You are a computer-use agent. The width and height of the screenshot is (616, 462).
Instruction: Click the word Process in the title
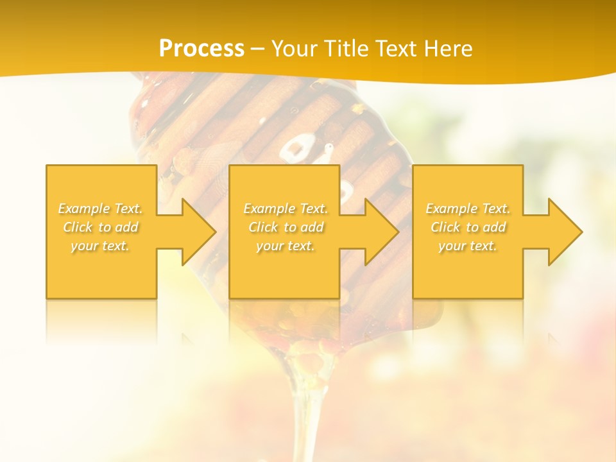[x=201, y=49]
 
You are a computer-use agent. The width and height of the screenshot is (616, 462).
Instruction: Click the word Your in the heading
[x=295, y=49]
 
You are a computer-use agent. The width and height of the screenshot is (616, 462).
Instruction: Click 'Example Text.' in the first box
[x=100, y=209]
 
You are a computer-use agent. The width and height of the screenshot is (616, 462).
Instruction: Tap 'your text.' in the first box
[x=100, y=246]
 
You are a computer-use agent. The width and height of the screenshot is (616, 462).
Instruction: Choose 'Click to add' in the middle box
[x=286, y=227]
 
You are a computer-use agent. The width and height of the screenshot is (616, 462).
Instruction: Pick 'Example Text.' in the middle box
[x=286, y=209]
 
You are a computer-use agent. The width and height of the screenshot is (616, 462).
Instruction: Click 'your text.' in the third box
[x=468, y=246]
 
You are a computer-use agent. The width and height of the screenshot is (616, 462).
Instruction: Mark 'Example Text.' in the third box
[x=468, y=209]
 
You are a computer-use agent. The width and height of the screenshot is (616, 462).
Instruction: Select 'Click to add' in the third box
[x=468, y=227]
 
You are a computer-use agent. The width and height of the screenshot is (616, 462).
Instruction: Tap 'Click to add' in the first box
[x=100, y=227]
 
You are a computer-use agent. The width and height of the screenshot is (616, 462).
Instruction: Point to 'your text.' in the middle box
[x=286, y=246]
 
